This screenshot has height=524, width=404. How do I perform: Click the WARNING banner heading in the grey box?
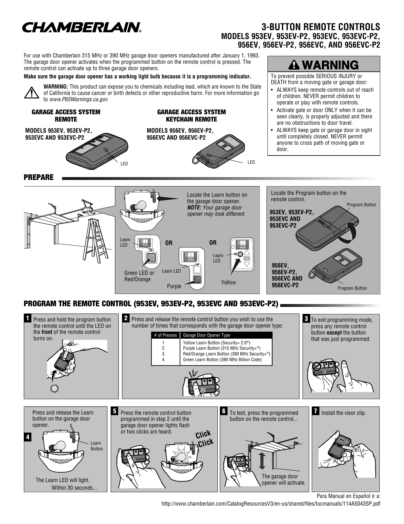[324, 65]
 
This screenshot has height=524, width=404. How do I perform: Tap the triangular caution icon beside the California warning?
[32, 93]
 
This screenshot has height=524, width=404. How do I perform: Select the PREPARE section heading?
[39, 177]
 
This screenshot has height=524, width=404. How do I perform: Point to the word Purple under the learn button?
[174, 286]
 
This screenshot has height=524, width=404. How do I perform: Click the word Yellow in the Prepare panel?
[228, 282]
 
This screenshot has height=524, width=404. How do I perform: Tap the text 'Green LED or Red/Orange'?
[139, 276]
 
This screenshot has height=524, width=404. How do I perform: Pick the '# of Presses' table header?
[165, 335]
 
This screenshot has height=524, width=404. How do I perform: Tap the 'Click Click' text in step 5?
[204, 439]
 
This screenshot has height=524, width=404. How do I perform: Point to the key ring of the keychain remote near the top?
[196, 159]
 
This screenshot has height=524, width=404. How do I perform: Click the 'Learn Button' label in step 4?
[97, 446]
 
